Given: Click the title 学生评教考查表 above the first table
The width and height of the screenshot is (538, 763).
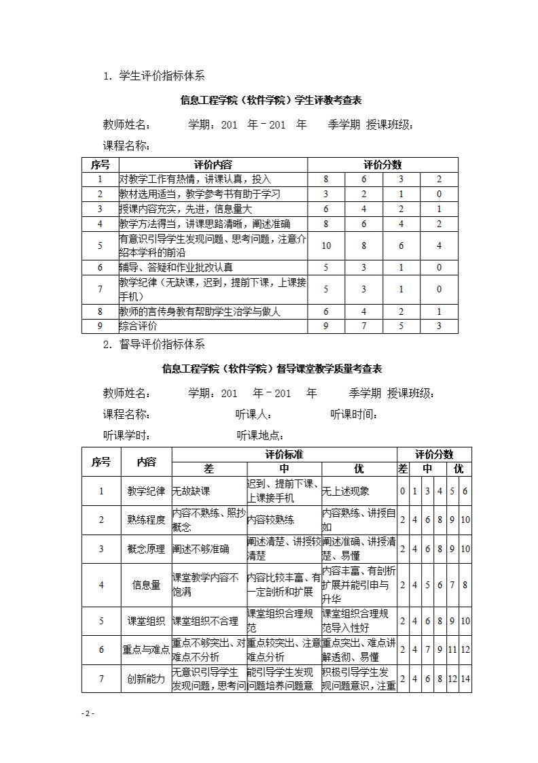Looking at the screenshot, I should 271,100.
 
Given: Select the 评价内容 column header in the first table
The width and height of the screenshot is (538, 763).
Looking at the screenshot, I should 213,165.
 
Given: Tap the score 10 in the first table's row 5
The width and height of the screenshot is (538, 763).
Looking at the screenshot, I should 326,245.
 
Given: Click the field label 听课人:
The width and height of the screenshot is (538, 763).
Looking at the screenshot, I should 254,415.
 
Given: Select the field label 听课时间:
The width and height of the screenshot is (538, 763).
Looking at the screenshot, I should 354,415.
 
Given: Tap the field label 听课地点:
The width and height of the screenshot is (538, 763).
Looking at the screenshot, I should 260,436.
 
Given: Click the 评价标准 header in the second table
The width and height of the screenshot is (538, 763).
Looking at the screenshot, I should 284,454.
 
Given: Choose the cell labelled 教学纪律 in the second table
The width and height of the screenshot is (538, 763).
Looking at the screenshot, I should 146,491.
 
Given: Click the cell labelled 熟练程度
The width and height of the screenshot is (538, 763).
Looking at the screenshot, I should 146,520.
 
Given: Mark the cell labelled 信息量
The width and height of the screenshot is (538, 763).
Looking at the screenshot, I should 146,585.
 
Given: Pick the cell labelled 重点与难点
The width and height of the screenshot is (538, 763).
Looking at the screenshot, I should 146,650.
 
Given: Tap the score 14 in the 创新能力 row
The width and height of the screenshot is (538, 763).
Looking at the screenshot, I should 465,679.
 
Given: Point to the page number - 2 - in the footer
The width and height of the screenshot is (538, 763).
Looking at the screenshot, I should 88,713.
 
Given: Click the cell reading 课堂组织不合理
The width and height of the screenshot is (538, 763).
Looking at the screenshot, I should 205,621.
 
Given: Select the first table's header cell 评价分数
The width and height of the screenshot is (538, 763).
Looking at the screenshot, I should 382,165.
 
